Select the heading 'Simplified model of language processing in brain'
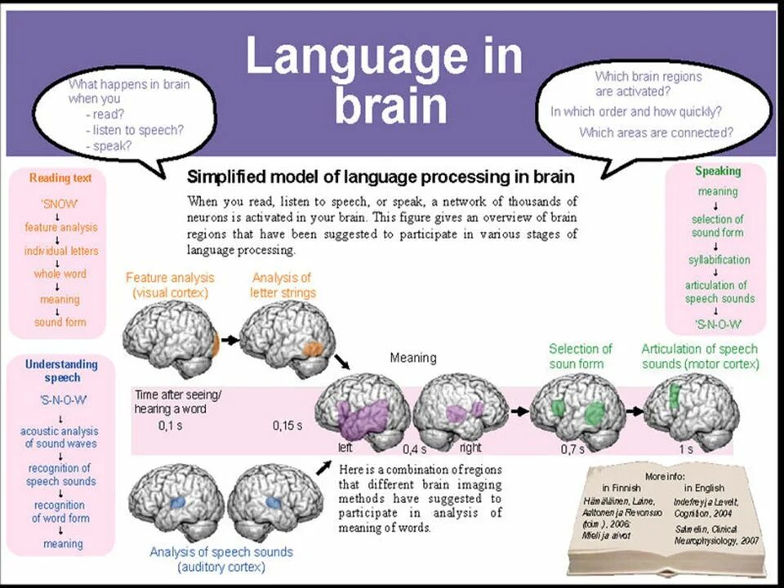pos(381,176)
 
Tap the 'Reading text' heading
pos(60,178)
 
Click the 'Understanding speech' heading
pos(61,371)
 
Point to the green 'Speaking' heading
pos(718,171)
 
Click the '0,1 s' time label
pos(171,425)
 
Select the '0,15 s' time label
pos(287,425)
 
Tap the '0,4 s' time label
pos(415,449)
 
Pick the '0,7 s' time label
pos(573,449)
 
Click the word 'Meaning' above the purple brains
pos(413,358)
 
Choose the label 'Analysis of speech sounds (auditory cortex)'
pos(220,559)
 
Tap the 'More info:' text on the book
pos(665,476)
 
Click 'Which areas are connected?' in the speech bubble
pos(656,132)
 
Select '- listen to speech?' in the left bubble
pos(134,130)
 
